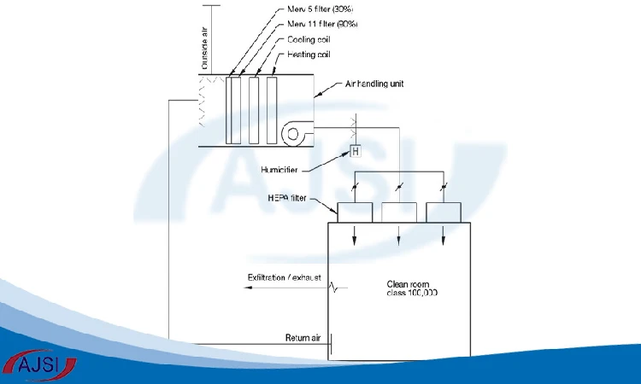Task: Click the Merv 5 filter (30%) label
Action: [x=320, y=9]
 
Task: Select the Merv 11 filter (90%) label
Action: [x=322, y=24]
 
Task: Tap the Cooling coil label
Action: [x=309, y=39]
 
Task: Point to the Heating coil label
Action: [x=309, y=55]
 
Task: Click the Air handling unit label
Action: [x=374, y=84]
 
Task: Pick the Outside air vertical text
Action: [x=205, y=48]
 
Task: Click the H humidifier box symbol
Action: [x=356, y=151]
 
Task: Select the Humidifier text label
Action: [x=279, y=170]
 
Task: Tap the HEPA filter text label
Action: [x=287, y=198]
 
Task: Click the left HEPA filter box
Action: [x=355, y=212]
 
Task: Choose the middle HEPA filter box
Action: [x=399, y=212]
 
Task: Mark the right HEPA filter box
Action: [x=444, y=212]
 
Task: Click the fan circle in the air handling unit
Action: [x=292, y=134]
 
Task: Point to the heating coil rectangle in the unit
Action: [x=272, y=110]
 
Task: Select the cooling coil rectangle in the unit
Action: [x=254, y=110]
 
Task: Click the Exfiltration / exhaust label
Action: [x=284, y=277]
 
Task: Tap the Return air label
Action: [x=303, y=338]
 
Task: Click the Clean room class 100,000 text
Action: [x=412, y=288]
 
